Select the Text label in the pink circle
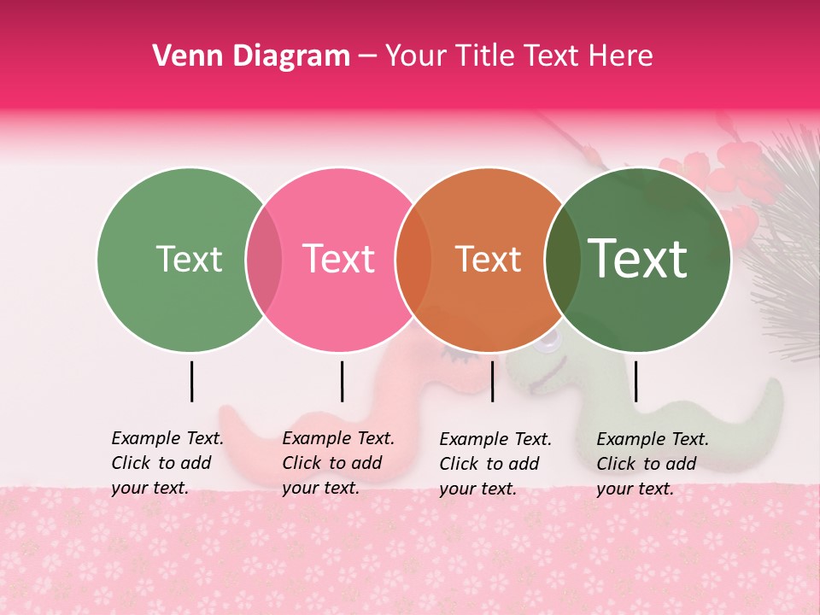tap(339, 259)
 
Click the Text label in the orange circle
tap(489, 259)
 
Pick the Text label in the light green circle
tap(189, 259)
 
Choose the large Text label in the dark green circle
tap(638, 258)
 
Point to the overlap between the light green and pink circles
tap(264, 260)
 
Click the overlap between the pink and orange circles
tap(414, 260)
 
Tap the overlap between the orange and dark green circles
tap(563, 260)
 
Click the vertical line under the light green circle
tap(191, 381)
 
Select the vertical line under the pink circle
tap(342, 381)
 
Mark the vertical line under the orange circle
tap(492, 381)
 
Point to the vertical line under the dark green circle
tap(635, 381)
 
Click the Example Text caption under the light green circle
tap(167, 463)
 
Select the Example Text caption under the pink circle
tap(338, 463)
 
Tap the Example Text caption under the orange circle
tap(495, 464)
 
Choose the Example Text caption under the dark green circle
tap(653, 464)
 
